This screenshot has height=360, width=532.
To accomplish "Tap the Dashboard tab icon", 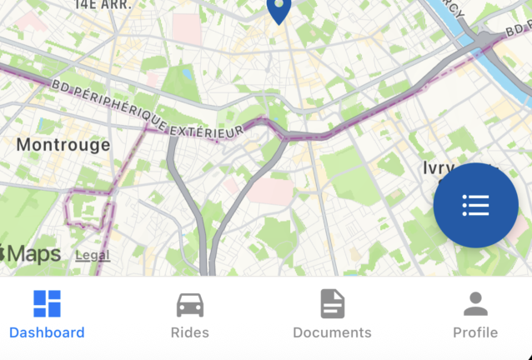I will click(47, 303).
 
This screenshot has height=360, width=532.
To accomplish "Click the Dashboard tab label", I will click(47, 332).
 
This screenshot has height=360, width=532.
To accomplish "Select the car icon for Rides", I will click(190, 304).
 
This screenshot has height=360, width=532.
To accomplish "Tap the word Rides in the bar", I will click(190, 332).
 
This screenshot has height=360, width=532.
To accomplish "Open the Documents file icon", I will click(332, 303).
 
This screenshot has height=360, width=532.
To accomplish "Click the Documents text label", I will click(332, 332).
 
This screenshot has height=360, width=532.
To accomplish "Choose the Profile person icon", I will click(475, 303).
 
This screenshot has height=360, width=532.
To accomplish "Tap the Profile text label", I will click(475, 332).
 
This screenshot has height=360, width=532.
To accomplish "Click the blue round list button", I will click(475, 206).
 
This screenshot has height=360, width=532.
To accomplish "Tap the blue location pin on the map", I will click(279, 10).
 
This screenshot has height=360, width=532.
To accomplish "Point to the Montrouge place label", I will click(63, 145).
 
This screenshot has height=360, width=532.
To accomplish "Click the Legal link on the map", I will click(93, 255).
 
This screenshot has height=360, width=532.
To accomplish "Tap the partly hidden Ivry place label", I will click(438, 168).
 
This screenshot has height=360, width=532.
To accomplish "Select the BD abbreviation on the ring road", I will click(61, 86).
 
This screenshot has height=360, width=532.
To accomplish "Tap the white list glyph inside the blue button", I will click(475, 206).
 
